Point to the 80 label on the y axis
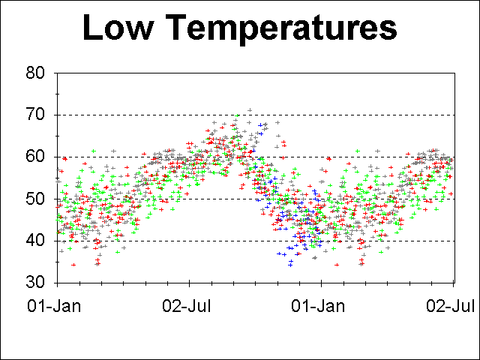35,73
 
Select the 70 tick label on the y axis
35,115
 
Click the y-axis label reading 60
35,157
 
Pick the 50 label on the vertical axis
35,199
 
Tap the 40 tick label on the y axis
35,241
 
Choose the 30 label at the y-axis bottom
35,283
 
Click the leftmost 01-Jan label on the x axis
56,307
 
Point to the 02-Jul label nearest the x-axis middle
189,307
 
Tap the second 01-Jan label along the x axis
321,307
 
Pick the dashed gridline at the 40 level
187,241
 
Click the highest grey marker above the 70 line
250,110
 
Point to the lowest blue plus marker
289,265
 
